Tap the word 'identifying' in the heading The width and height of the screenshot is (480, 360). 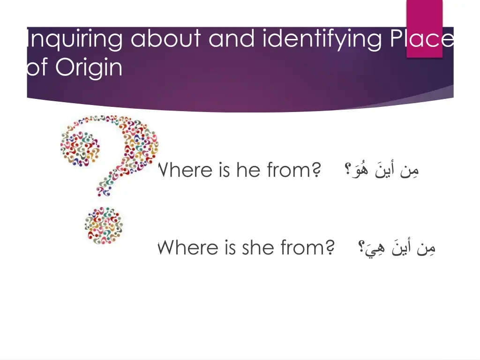pyautogui.click(x=322, y=39)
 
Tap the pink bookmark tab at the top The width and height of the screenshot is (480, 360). pyautogui.click(x=424, y=28)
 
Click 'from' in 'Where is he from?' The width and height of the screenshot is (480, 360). pyautogui.click(x=289, y=170)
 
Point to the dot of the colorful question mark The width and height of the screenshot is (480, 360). pyautogui.click(x=104, y=225)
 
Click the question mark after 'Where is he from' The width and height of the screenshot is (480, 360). pyautogui.click(x=316, y=170)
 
